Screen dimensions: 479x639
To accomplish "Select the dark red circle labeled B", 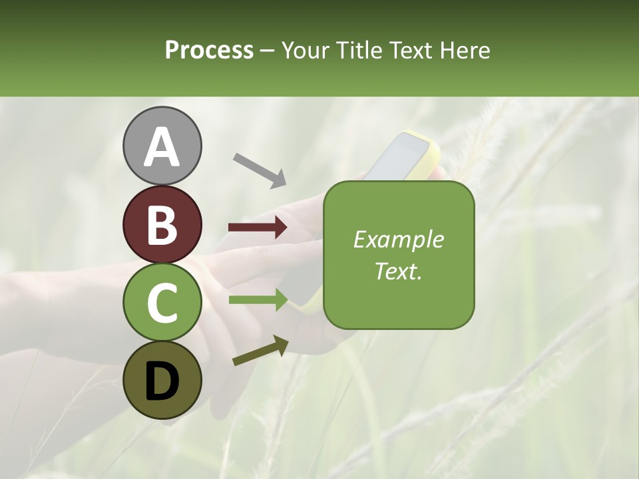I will (162, 224).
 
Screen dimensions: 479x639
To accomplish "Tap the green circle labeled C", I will (162, 302).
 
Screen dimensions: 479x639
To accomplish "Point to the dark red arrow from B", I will (258, 228).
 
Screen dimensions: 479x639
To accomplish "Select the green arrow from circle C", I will (258, 299).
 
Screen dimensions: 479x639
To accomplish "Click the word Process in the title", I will (209, 50).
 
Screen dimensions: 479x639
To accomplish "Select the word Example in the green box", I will (398, 239).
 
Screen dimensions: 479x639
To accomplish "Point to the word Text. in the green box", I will (398, 271).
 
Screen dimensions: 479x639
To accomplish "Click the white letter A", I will (162, 148).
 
